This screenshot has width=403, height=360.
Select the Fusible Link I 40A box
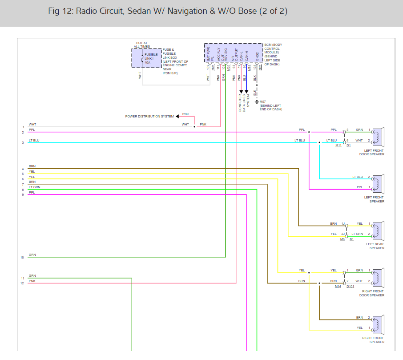click(x=146, y=58)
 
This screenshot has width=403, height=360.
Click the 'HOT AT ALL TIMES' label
click(x=142, y=45)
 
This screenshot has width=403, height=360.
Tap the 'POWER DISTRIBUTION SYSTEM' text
click(x=149, y=117)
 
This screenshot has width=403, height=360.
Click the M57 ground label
click(x=262, y=101)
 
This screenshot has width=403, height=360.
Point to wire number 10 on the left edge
click(x=22, y=257)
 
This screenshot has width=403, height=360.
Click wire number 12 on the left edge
click(x=22, y=283)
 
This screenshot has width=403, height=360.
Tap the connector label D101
click(x=351, y=286)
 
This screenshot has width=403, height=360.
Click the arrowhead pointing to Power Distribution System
click(x=177, y=117)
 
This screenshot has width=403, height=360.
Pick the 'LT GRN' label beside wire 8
click(x=34, y=187)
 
